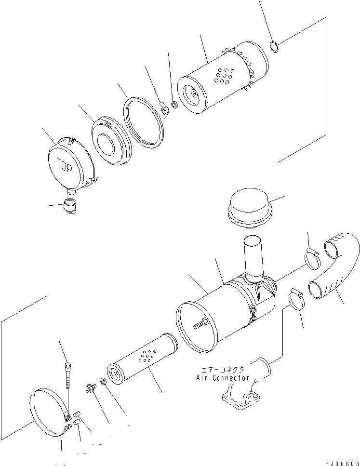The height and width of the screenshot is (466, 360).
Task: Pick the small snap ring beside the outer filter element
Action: pyautogui.click(x=274, y=47)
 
